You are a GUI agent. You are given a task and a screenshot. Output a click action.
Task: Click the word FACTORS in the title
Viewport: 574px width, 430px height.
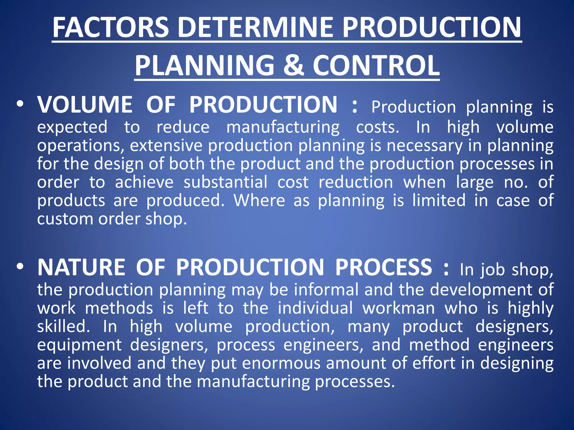point(111,27)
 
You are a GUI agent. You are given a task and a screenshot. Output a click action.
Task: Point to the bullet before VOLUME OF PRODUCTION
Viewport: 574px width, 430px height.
point(20,104)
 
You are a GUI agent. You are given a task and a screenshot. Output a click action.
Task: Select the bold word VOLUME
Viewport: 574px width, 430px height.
point(85,105)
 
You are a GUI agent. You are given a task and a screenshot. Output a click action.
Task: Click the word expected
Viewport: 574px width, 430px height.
point(72,127)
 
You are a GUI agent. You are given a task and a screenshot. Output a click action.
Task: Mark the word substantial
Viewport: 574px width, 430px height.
point(225,182)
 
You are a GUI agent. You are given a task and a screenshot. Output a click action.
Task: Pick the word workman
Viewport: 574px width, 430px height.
point(399,308)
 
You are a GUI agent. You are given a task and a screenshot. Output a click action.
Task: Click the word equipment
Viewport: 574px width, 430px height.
point(80,345)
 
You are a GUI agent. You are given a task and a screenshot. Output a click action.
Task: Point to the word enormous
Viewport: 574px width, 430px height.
point(281,363)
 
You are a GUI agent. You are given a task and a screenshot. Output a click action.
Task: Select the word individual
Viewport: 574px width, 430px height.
point(315,308)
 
